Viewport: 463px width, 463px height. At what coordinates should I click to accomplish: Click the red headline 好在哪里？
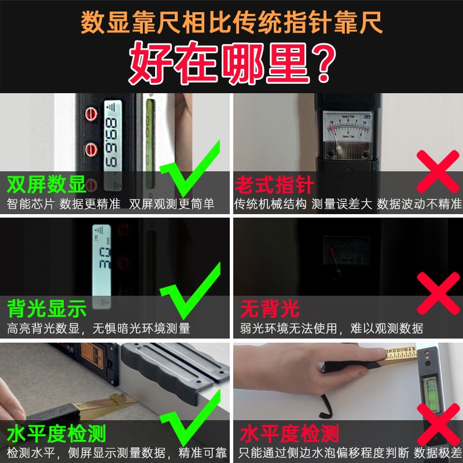pyautogui.click(x=233, y=63)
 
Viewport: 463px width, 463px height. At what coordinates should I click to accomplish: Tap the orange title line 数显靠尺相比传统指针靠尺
pyautogui.click(x=232, y=23)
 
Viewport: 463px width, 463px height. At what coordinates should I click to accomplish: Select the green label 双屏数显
pyautogui.click(x=46, y=184)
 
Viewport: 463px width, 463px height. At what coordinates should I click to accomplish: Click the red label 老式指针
pyautogui.click(x=274, y=185)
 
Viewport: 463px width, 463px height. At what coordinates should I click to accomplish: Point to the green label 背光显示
pyautogui.click(x=47, y=309)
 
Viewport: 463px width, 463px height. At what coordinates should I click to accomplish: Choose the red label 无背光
pyautogui.click(x=270, y=309)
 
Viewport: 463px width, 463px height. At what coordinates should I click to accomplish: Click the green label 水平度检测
pyautogui.click(x=56, y=433)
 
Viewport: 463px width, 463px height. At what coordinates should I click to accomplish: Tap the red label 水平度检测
pyautogui.click(x=289, y=433)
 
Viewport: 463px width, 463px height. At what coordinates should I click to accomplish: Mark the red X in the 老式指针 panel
pyautogui.click(x=438, y=171)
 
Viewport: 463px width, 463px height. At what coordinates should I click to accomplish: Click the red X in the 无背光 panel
pyautogui.click(x=439, y=293)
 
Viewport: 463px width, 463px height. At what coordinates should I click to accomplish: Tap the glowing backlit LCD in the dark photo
pyautogui.click(x=102, y=266)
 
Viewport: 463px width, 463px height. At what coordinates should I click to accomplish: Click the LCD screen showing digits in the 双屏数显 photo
pyautogui.click(x=112, y=145)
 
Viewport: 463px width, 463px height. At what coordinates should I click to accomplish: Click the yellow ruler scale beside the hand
pyautogui.click(x=401, y=354)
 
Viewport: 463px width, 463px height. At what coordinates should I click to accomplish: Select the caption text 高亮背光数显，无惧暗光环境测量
pyautogui.click(x=98, y=328)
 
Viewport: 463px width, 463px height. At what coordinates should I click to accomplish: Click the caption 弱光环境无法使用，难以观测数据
pyautogui.click(x=331, y=328)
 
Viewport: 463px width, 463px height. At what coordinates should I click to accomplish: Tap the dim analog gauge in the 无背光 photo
pyautogui.click(x=347, y=251)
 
